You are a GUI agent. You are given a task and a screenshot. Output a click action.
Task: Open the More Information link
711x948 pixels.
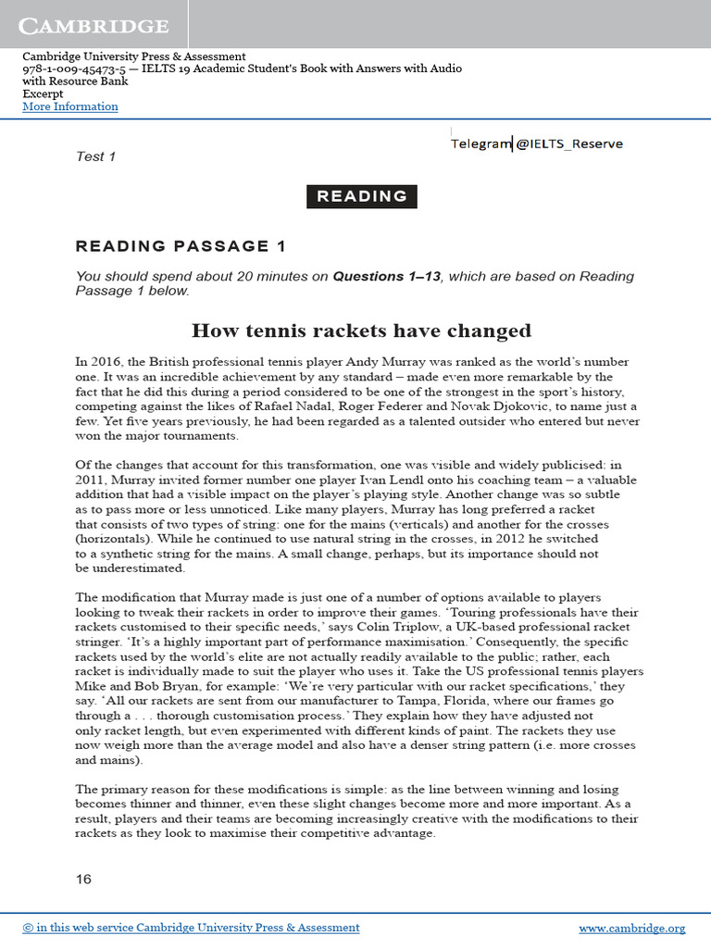70,106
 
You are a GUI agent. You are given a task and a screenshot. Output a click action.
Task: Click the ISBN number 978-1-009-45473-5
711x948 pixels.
75,69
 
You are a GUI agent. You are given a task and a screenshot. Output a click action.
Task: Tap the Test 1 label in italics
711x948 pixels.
95,156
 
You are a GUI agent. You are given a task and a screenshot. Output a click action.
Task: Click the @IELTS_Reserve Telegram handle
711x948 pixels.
568,143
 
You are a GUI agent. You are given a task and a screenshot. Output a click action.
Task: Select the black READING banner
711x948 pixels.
362,196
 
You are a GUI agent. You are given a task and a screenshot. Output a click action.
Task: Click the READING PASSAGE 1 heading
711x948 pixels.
181,246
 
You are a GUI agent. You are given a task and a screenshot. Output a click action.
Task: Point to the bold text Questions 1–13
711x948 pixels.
387,276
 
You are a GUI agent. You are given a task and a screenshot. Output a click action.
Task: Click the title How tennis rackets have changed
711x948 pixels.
361,331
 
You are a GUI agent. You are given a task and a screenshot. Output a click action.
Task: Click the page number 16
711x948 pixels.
83,879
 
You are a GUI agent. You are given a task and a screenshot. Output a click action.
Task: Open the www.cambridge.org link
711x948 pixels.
631,928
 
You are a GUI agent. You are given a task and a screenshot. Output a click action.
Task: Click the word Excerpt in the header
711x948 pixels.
44,94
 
